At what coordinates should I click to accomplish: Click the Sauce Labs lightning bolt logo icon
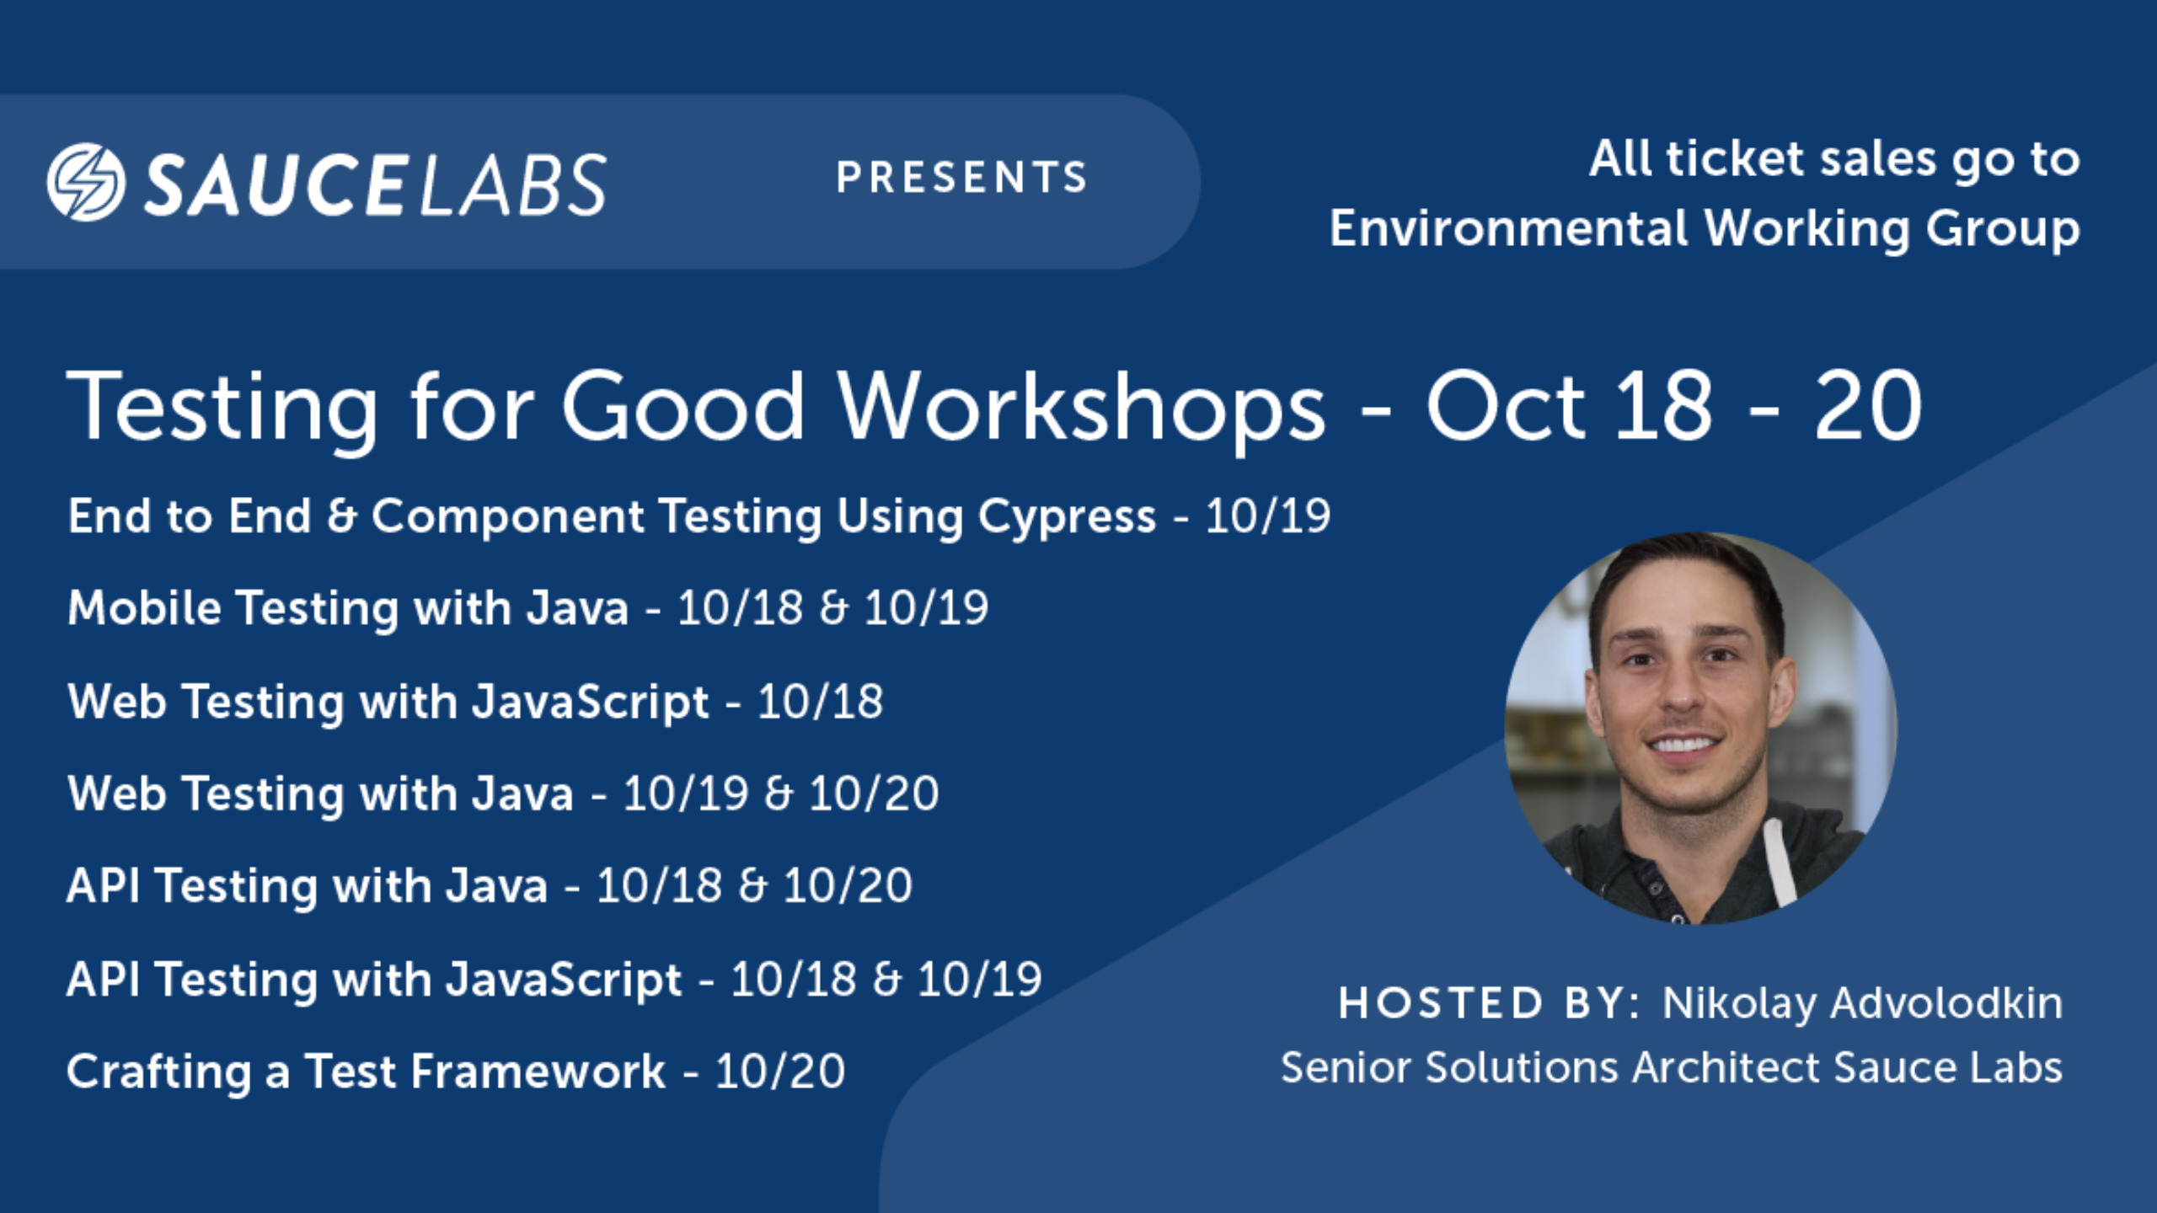pos(86,182)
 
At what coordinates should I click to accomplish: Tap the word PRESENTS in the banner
pos(962,177)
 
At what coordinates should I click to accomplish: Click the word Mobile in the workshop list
pos(144,607)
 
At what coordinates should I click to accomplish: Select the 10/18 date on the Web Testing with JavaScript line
pos(820,702)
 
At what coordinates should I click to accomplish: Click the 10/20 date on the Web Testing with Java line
pos(874,794)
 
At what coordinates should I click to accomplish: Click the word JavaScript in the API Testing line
pos(563,981)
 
